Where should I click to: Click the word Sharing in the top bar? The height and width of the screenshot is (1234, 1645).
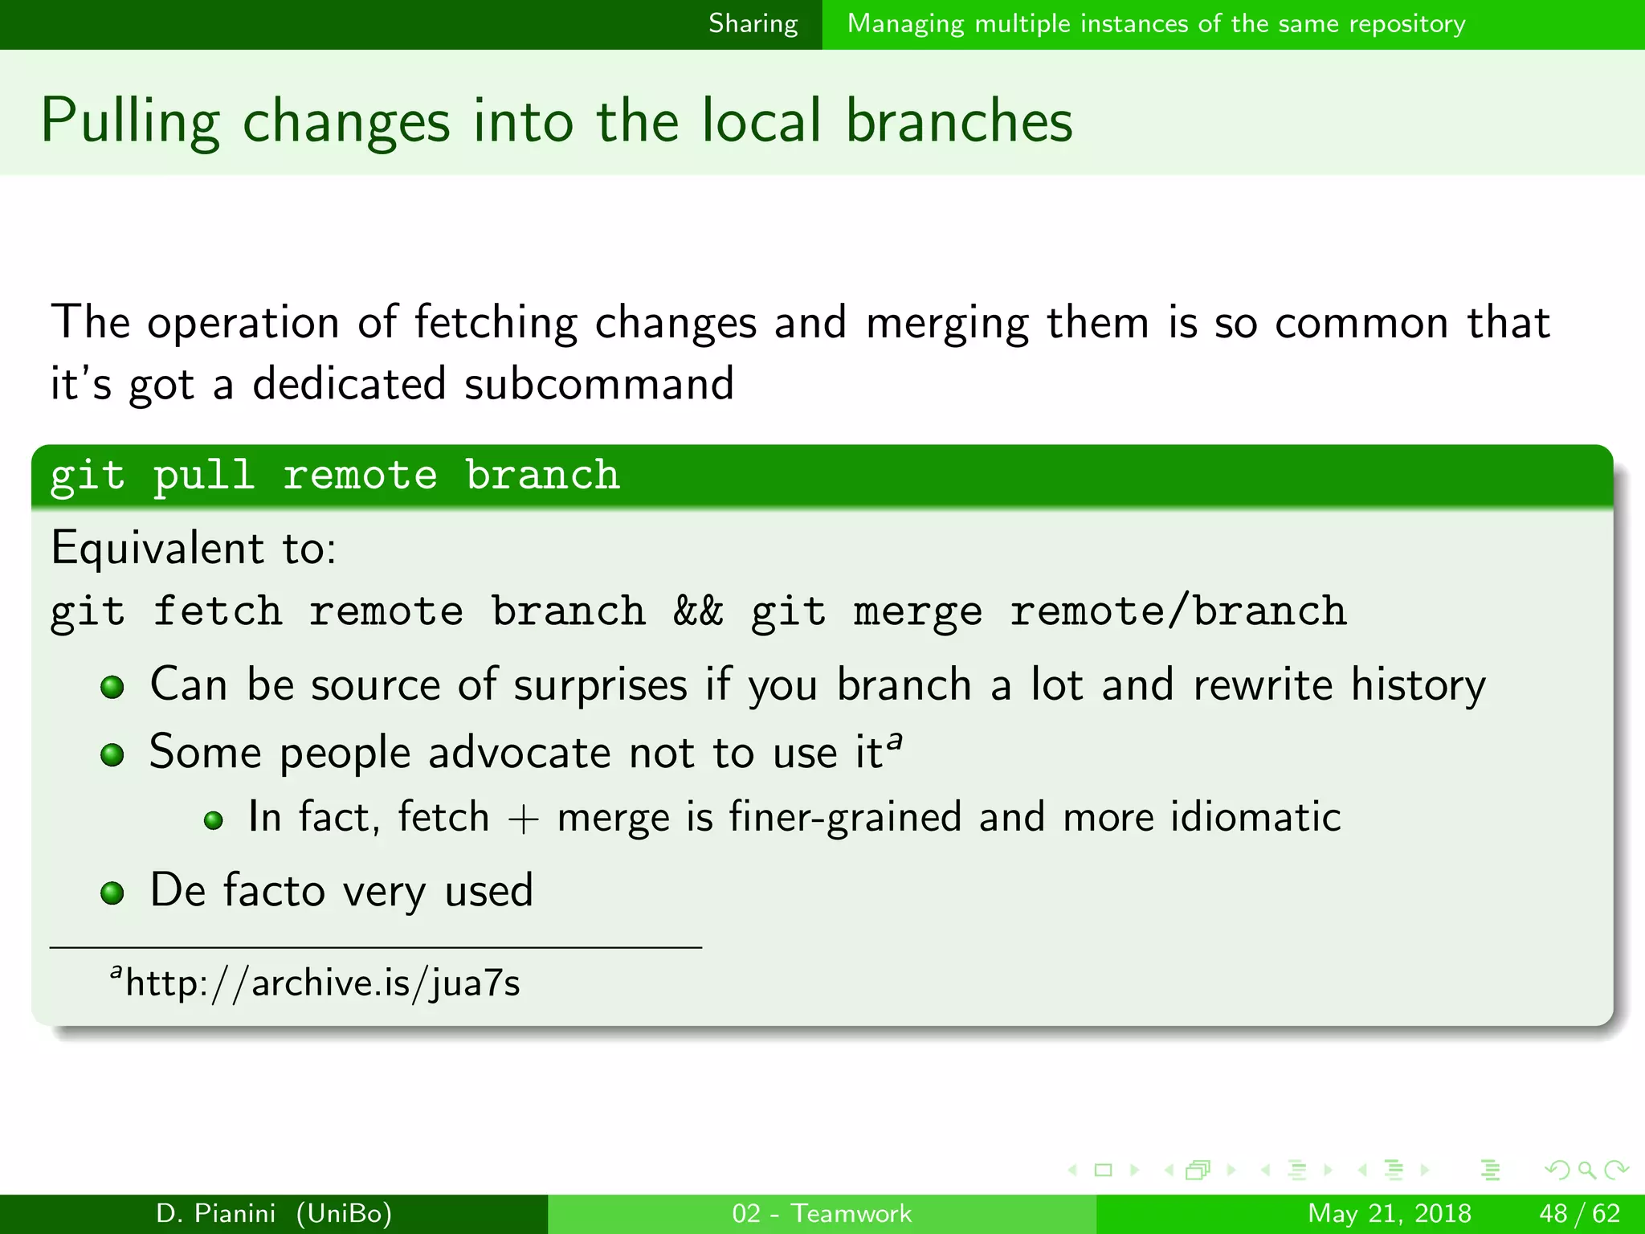753,24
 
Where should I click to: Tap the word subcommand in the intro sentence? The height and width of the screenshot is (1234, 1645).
599,383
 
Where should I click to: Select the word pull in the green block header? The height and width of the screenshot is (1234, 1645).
204,475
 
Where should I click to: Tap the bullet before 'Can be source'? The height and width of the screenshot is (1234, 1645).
112,688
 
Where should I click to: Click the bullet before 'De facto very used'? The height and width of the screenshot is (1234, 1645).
112,893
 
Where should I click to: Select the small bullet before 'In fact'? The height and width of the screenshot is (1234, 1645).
213,821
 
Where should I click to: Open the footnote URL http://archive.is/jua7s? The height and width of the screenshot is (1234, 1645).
322,983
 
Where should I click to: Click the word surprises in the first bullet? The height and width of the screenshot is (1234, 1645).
600,686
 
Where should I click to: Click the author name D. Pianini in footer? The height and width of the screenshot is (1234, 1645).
215,1213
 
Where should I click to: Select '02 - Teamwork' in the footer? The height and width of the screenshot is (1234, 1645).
822,1213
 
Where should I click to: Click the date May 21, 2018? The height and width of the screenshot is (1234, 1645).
1389,1213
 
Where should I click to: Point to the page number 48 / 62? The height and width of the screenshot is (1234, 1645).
1579,1213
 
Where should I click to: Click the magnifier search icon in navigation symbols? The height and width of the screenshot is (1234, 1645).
1586,1171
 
